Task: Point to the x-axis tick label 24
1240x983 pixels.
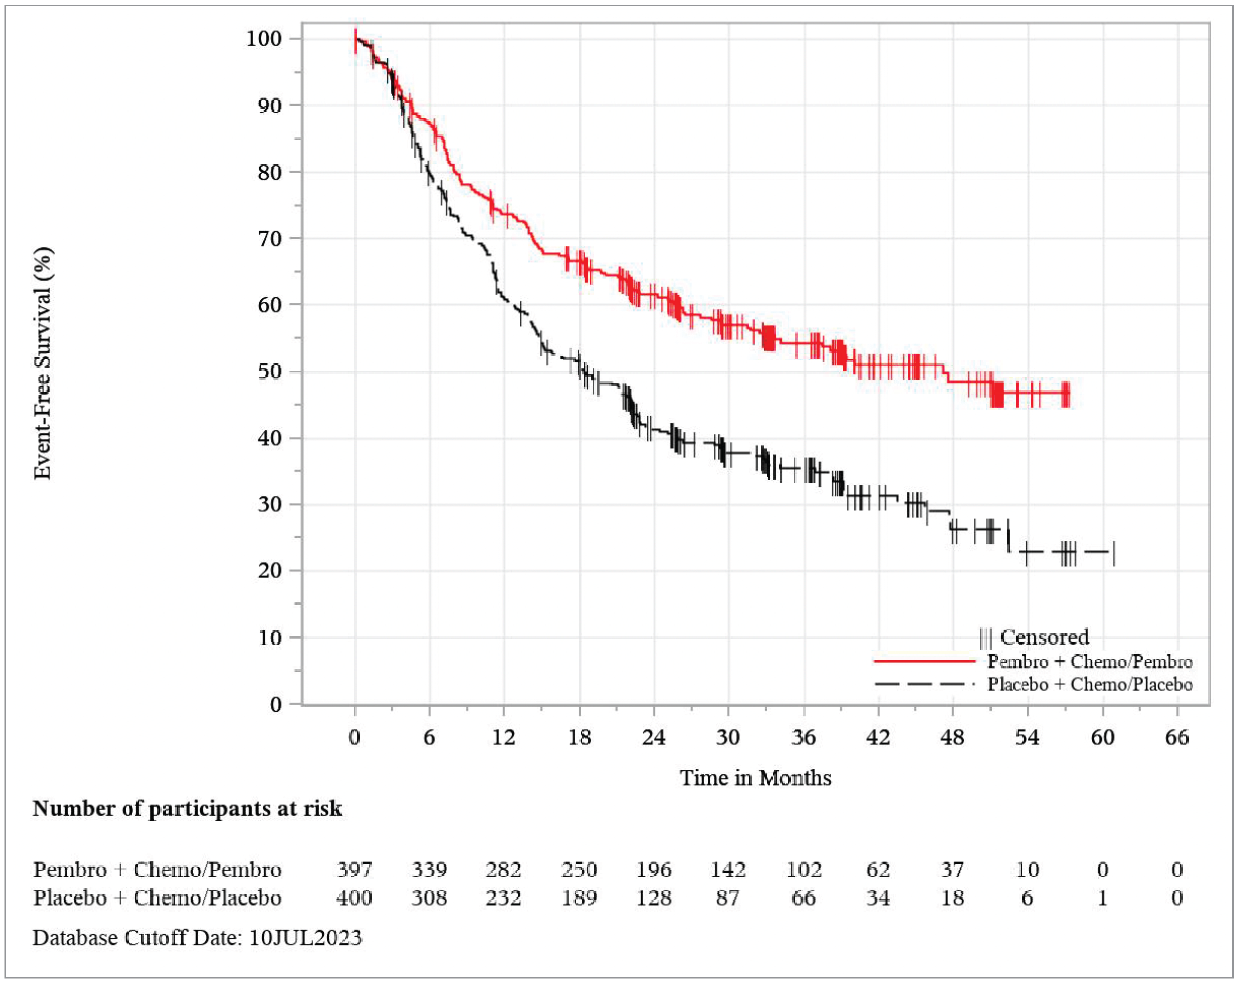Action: tap(653, 737)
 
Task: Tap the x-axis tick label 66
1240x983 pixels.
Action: tap(1177, 737)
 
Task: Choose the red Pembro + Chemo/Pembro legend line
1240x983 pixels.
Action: tap(924, 662)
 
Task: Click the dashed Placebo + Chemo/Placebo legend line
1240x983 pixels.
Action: tap(924, 684)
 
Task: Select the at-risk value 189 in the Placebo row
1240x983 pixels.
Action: tap(579, 897)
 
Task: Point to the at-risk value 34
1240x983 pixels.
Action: tap(878, 897)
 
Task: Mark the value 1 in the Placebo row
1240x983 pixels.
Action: tap(1102, 897)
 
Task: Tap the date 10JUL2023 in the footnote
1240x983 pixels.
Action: tap(305, 938)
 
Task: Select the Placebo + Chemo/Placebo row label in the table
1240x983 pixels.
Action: tap(157, 897)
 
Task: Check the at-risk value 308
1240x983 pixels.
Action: tap(429, 897)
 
